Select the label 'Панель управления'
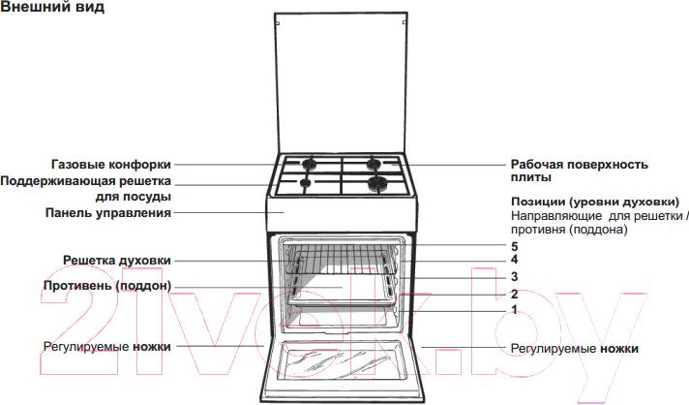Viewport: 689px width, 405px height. [108, 212]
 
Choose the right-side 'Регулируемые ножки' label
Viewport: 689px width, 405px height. [574, 347]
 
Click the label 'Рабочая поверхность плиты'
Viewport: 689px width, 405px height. [579, 171]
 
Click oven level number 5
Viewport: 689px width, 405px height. [515, 246]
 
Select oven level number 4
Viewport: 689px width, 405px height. [515, 260]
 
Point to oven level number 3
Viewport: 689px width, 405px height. [515, 277]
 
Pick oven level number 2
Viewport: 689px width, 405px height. [515, 294]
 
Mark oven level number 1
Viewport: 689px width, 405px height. [515, 309]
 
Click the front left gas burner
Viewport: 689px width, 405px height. [305, 182]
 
